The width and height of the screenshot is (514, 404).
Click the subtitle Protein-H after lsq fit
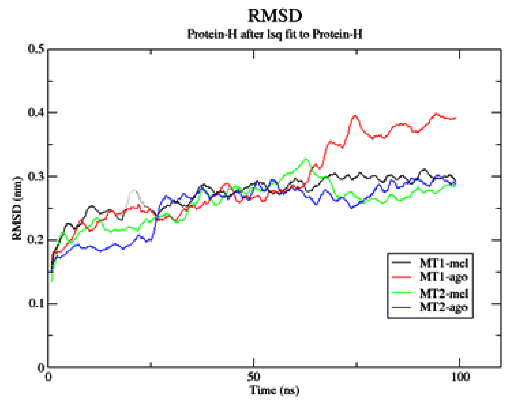coord(275,34)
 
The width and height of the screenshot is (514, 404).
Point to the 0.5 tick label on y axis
coord(36,49)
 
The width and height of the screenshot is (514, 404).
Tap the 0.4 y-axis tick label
coord(36,112)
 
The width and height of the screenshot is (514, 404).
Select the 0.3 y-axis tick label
coord(36,176)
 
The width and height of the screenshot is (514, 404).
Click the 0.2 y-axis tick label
coord(36,240)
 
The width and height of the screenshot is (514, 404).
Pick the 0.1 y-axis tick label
coord(36,303)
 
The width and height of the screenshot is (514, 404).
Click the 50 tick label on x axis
coord(253,377)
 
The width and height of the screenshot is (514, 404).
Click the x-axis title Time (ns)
coord(274,390)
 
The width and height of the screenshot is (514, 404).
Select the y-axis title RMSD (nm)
coord(17,208)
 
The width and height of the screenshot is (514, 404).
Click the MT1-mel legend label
coord(444,263)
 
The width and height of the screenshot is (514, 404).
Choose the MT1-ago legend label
coord(444,277)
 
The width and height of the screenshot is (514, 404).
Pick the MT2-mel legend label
coord(444,294)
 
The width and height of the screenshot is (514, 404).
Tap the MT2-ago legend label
coord(444,307)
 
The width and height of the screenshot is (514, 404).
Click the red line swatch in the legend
coord(401,277)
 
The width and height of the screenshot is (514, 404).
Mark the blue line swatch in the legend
coord(401,307)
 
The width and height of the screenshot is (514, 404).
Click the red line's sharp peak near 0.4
coord(355,116)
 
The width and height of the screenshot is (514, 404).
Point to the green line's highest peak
coord(306,159)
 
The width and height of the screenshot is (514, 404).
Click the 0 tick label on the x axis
coord(48,377)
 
